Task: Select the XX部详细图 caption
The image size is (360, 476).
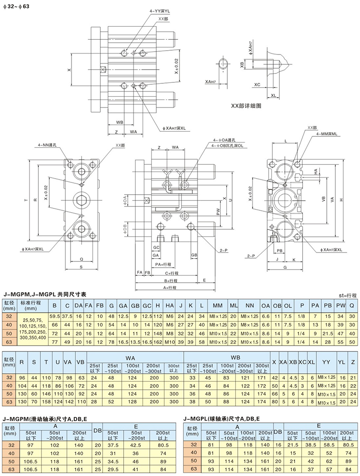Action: (245, 106)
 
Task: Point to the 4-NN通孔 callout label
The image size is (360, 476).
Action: (47, 145)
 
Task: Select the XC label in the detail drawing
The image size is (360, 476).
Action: (257, 84)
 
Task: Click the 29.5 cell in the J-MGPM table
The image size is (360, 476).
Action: (113, 469)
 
